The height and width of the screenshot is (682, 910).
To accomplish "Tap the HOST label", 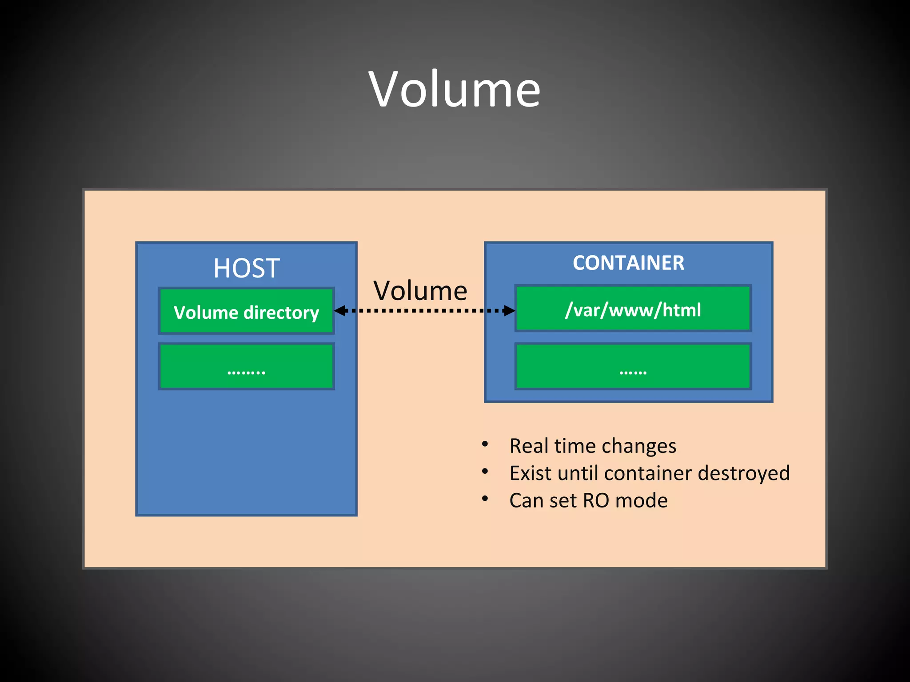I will tap(246, 268).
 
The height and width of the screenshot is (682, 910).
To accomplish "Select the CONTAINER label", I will tap(628, 263).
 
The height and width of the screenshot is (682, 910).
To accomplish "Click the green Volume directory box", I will tap(247, 311).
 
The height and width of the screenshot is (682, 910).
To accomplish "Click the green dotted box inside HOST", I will tap(247, 367).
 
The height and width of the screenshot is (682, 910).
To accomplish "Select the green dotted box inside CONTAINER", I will tap(633, 367).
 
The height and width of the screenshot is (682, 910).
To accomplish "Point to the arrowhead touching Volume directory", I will tap(340, 310).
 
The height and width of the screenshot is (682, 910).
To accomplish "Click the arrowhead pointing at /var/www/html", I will tap(509, 310).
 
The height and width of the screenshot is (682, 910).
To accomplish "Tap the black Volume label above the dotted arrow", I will tap(420, 291).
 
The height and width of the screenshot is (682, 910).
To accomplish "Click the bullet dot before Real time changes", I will tap(485, 444).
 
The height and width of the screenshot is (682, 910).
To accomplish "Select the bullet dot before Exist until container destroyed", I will tap(485, 472).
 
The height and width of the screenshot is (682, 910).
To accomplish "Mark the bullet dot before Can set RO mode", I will tap(485, 499).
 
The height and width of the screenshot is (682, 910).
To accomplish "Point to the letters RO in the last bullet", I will tap(596, 500).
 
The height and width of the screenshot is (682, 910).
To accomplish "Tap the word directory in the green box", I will tap(281, 313).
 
